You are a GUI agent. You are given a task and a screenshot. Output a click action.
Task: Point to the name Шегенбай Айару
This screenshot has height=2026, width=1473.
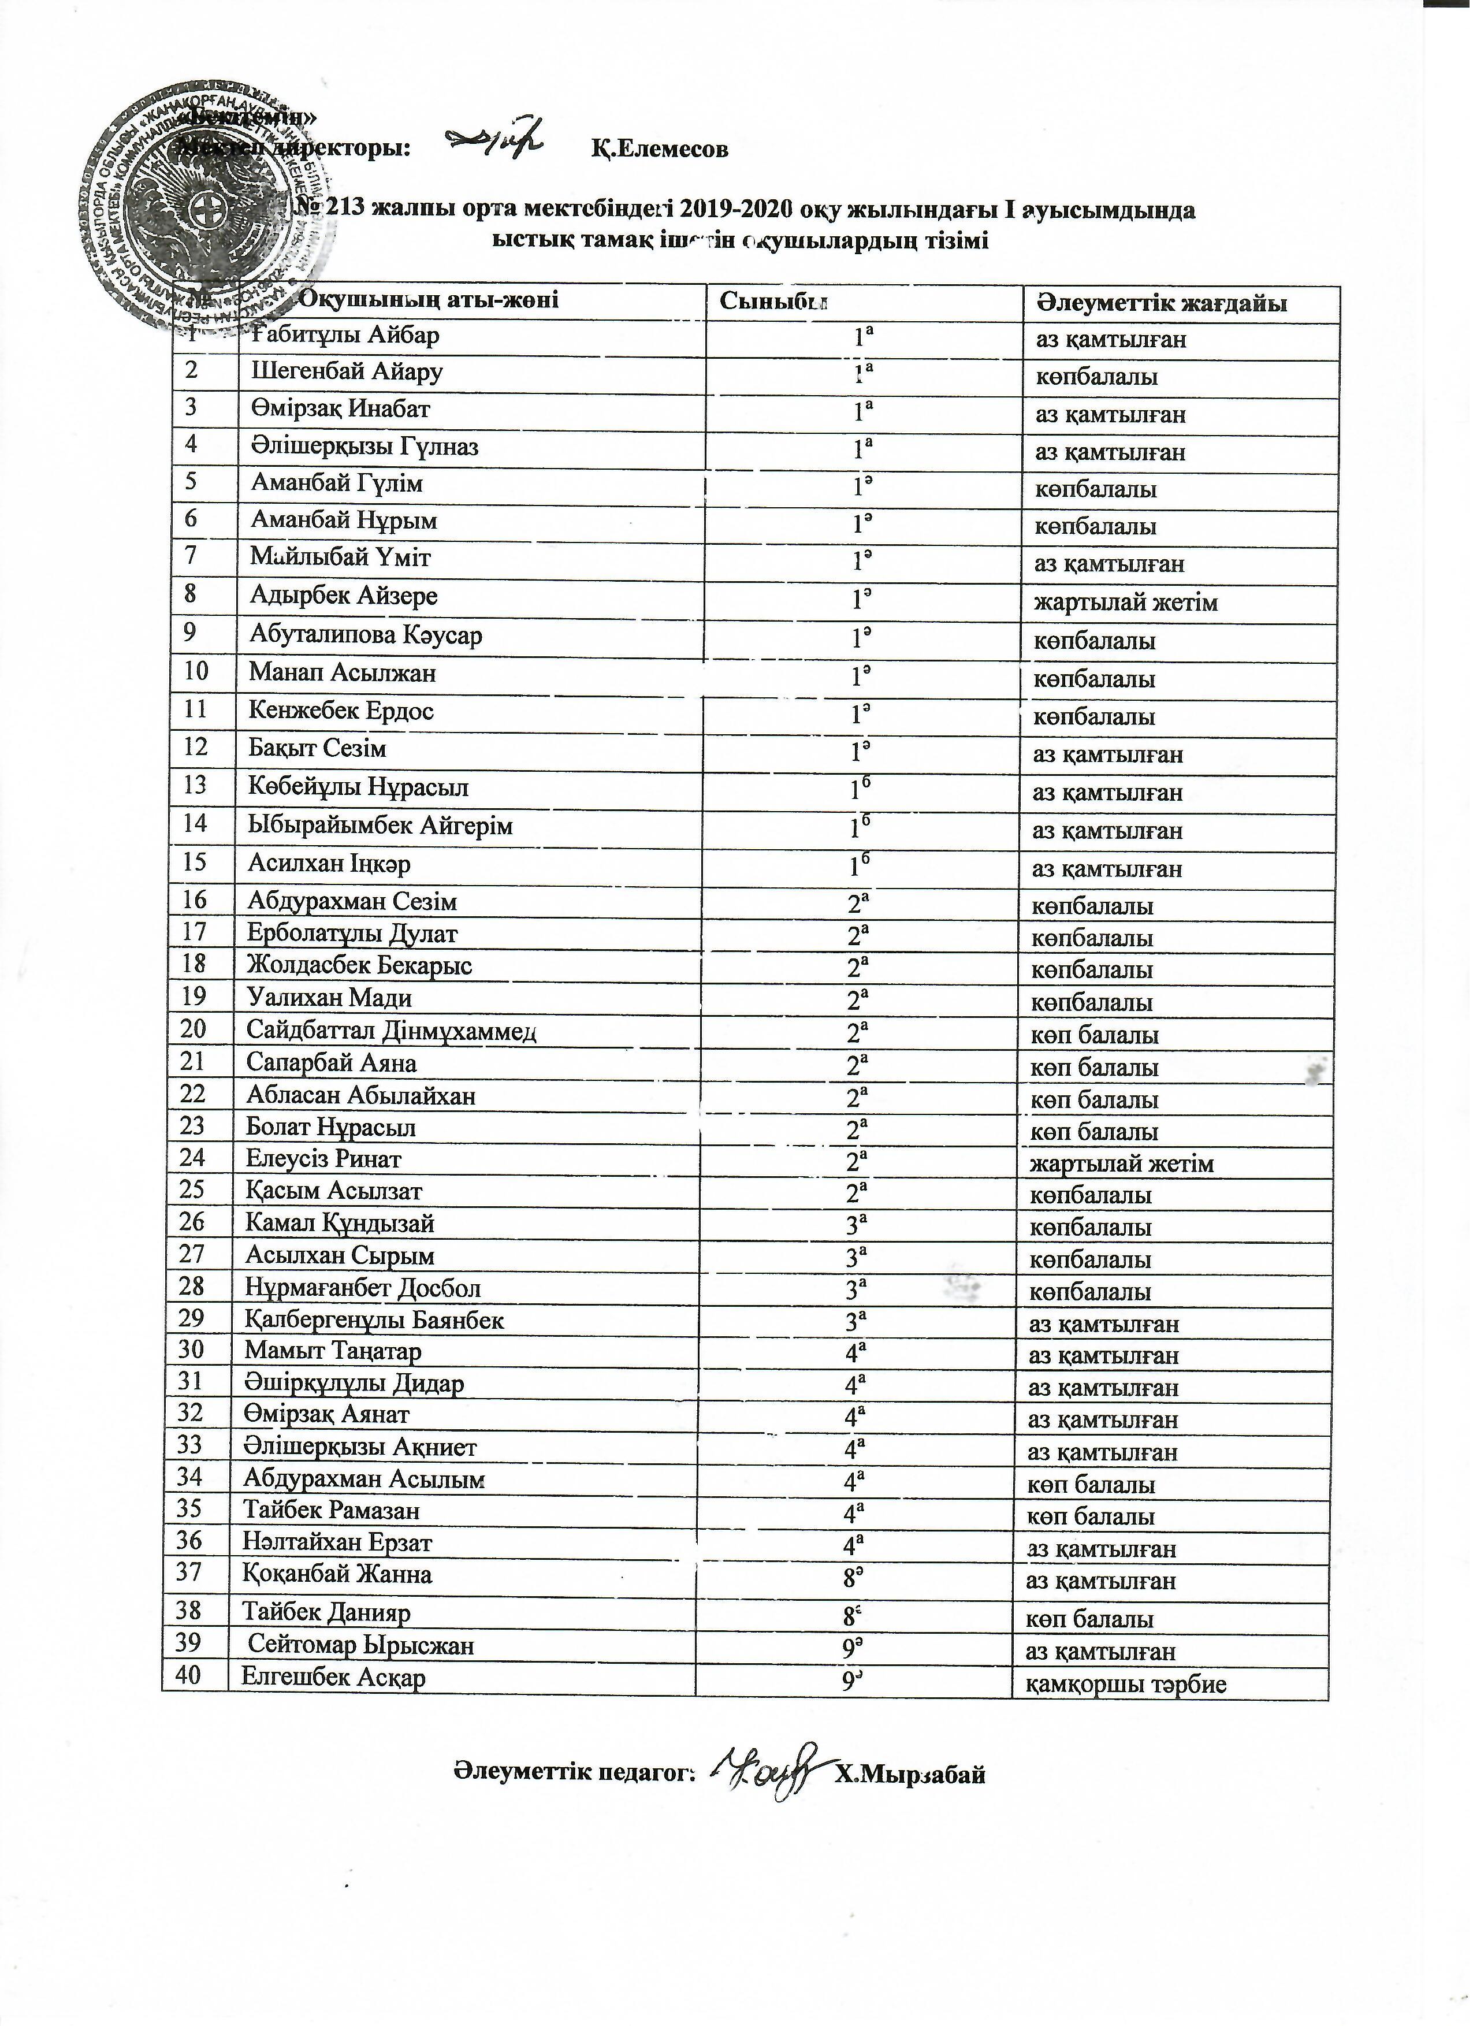click(x=347, y=371)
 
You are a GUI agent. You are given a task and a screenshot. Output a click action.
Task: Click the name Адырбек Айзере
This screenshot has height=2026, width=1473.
click(x=344, y=595)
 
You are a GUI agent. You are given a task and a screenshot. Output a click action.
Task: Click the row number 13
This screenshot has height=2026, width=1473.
click(x=195, y=785)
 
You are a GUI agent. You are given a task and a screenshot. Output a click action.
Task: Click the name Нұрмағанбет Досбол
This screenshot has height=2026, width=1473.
click(x=363, y=1288)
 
